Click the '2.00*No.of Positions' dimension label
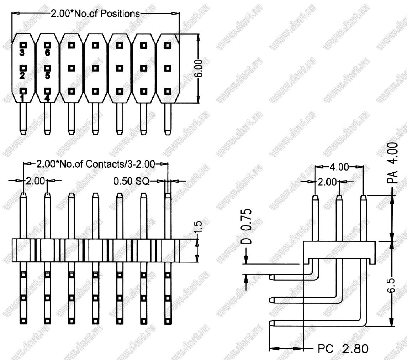click(x=95, y=14)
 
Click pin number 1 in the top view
click(x=22, y=98)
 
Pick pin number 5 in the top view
click(x=47, y=75)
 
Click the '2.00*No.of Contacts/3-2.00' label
click(x=95, y=164)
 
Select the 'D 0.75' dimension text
click(x=248, y=226)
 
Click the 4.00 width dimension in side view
click(x=339, y=167)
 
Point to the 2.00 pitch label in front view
click(x=35, y=181)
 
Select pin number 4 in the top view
click(x=47, y=98)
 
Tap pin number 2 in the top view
click(x=22, y=75)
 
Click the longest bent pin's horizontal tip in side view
click(x=273, y=323)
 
